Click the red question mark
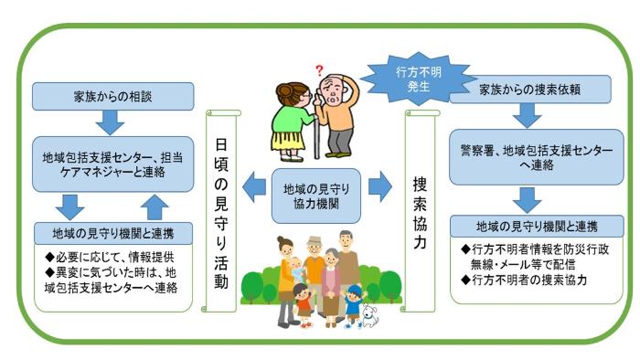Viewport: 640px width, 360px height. [319, 69]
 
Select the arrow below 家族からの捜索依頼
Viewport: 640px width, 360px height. [527, 115]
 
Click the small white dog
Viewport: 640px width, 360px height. [370, 315]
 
